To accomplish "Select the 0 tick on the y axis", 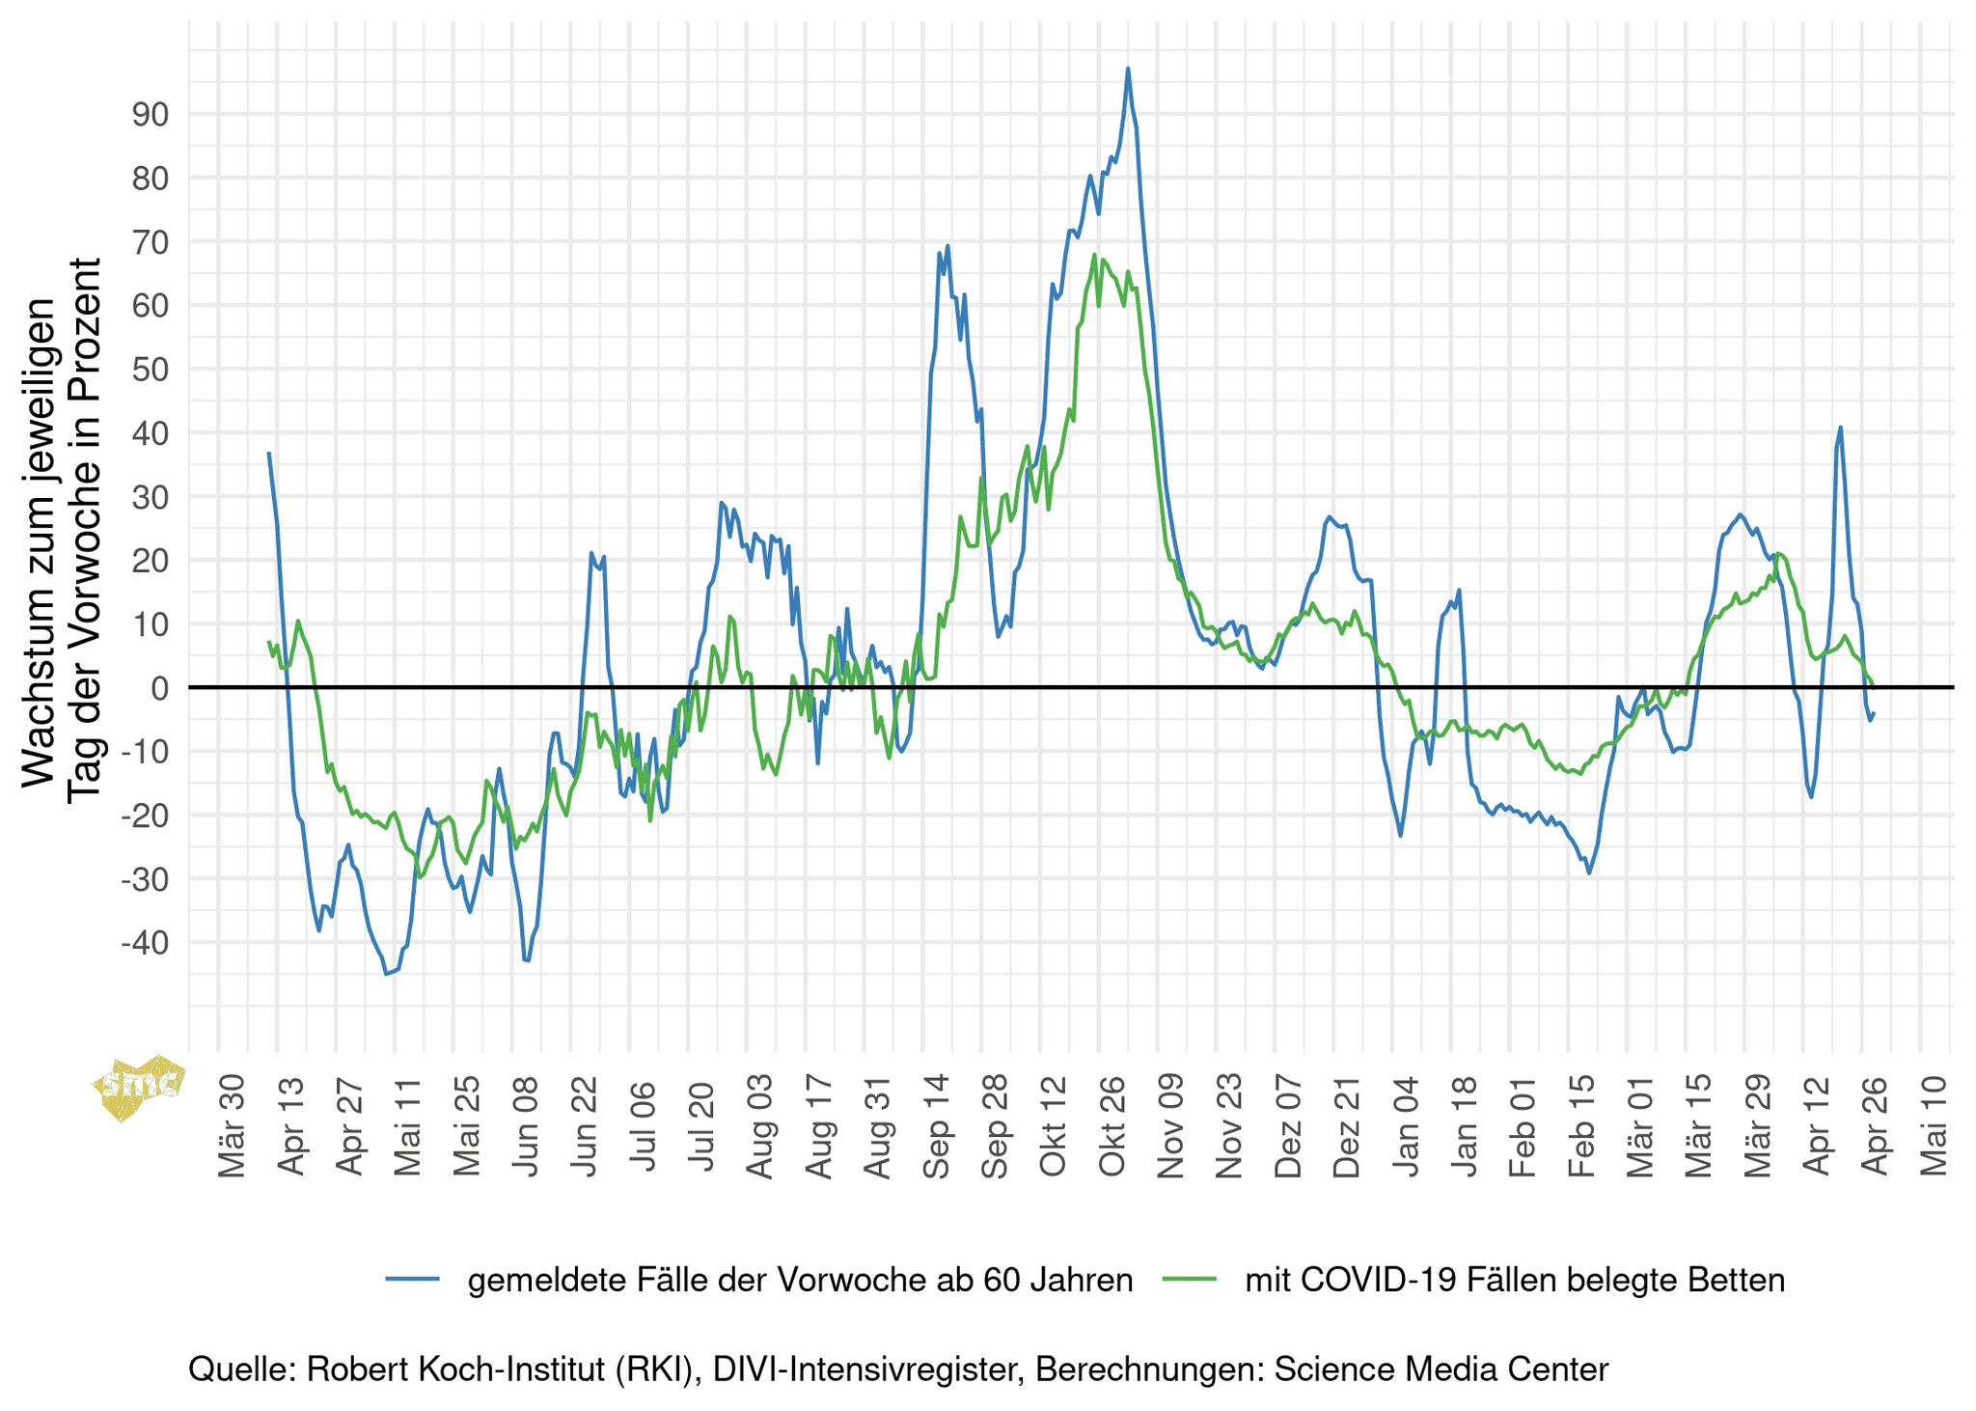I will [159, 688].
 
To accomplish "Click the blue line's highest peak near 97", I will [1128, 69].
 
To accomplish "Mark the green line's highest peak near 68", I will [1094, 255].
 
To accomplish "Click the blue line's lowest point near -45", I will [386, 974].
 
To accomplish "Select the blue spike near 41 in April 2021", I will [1840, 427].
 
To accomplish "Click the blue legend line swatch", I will [413, 1280].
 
